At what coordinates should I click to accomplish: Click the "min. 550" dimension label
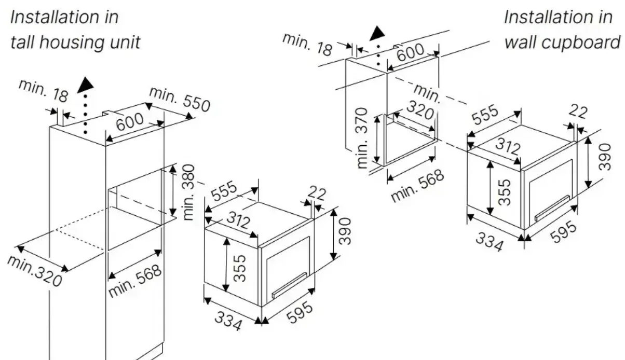pos(180,99)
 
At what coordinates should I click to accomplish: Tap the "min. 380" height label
pos(189,192)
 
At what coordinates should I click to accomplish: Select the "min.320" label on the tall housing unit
pos(35,271)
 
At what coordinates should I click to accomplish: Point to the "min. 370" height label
pos(363,138)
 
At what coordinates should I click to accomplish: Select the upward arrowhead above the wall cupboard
pos(378,33)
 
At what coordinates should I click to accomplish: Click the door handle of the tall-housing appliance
pos(289,285)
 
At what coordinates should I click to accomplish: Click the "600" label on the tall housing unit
pos(129,122)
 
